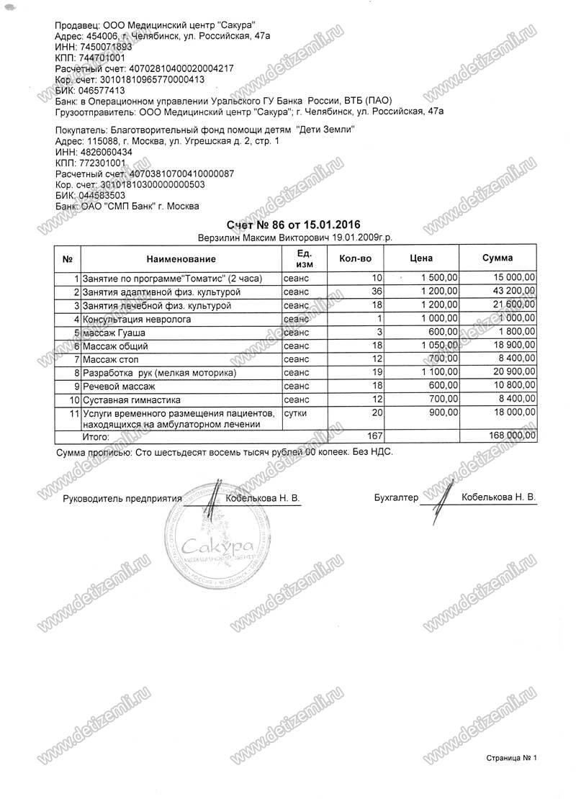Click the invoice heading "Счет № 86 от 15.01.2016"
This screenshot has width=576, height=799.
(x=293, y=224)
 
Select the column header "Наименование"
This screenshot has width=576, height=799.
(x=181, y=258)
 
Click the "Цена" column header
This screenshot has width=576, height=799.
(x=420, y=258)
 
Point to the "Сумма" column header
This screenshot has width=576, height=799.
(x=498, y=258)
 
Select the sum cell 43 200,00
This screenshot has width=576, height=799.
(x=508, y=292)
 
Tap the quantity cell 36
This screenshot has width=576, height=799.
(x=374, y=292)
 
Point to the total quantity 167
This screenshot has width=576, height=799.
(x=372, y=435)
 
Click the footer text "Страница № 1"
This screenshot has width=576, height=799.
(x=512, y=757)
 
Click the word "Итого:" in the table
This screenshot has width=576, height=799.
(x=96, y=435)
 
